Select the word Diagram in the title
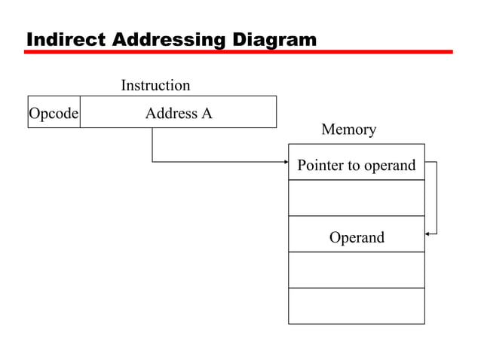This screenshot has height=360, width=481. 272,38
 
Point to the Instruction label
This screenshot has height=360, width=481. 155,86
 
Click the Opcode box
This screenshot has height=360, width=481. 54,114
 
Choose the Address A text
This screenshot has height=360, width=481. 179,114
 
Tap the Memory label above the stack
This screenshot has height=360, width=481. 348,130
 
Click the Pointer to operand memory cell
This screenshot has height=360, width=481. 356,165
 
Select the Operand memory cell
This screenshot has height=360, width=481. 356,238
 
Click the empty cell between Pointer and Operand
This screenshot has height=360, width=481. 356,199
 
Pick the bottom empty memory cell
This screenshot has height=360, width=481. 356,306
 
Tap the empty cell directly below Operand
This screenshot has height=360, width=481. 356,270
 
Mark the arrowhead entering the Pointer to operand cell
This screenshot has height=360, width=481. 286,162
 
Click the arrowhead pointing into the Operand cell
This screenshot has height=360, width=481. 428,233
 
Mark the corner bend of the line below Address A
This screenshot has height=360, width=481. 152,162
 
